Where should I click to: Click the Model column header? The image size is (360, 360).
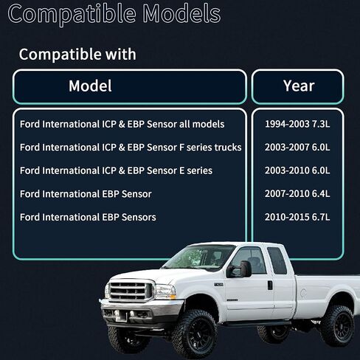click(90, 86)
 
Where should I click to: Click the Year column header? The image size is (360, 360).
click(299, 86)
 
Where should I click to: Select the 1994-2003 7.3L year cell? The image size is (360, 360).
click(297, 124)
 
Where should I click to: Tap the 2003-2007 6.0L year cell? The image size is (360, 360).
click(297, 148)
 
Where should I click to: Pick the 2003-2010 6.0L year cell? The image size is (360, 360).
click(297, 170)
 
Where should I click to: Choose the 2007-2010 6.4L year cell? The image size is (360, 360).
click(297, 194)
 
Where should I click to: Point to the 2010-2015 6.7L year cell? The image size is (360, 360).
click(297, 217)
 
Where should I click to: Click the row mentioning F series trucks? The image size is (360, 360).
click(131, 148)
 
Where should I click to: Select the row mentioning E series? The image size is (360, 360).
click(116, 170)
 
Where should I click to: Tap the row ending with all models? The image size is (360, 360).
click(122, 124)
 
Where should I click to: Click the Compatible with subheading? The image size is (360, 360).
click(77, 54)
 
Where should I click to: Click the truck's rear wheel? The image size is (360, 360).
click(336, 324)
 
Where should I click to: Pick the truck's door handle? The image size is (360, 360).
click(269, 285)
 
